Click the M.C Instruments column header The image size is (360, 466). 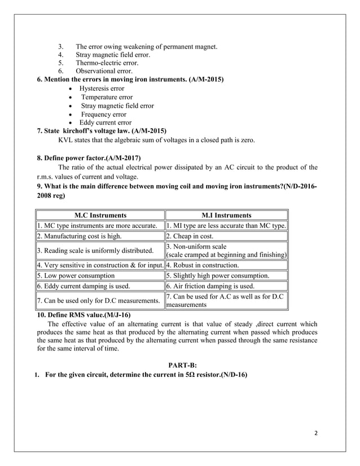tap(100, 215)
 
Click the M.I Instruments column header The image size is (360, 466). tap(226, 215)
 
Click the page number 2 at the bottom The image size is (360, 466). tap(315, 433)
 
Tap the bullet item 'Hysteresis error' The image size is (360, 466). tap(102, 89)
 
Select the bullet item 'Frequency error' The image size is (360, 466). tap(103, 114)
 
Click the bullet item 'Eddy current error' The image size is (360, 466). tap(105, 122)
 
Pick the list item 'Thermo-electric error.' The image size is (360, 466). tap(107, 63)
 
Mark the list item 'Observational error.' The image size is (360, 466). tap(104, 72)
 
